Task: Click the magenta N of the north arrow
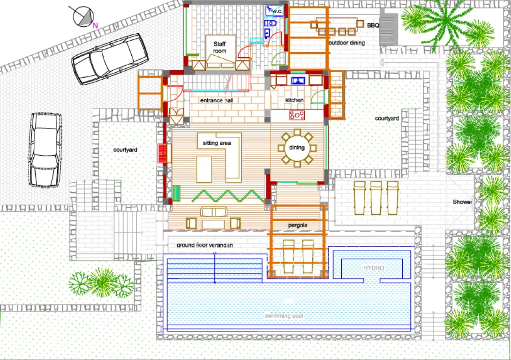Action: coord(95,25)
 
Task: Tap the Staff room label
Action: coord(220,47)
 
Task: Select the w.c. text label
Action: coord(277,11)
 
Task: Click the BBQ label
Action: coord(373,25)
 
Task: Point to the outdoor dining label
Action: coord(347,43)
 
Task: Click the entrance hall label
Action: coord(217,100)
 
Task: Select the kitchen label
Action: coord(294,100)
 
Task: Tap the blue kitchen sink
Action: coord(298,80)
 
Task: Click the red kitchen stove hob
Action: coord(297,115)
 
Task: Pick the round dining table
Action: coord(297,148)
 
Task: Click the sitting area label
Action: coord(217,143)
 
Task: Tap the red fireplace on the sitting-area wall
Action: coord(162,153)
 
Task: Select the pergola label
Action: coord(298,225)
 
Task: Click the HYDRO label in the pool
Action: coord(374,268)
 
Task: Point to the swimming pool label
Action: coord(284,315)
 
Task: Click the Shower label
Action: coord(462,202)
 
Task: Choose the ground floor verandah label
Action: coord(205,245)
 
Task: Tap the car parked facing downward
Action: coord(45,150)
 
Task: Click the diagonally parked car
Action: coord(110,59)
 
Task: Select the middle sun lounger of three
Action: coord(376,198)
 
